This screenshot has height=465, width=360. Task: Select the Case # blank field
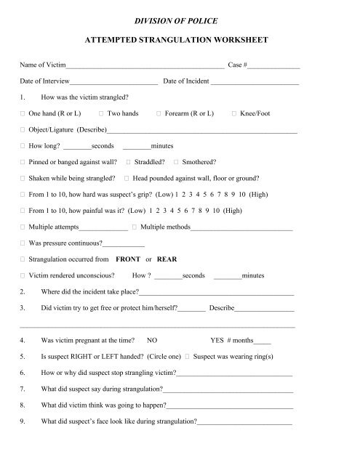[x=276, y=67]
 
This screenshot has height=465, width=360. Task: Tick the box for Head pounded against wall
[x=127, y=179]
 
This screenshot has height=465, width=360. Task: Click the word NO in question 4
[x=152, y=339]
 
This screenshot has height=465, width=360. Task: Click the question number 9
[x=25, y=421]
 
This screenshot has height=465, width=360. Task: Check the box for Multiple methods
[x=135, y=227]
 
